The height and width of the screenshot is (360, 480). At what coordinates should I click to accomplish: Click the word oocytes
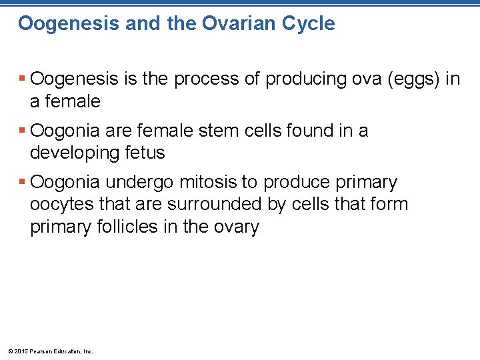tap(59, 204)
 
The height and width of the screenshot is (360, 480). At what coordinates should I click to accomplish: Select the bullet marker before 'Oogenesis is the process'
tap(23, 79)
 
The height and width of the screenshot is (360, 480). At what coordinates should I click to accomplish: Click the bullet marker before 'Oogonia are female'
tap(23, 131)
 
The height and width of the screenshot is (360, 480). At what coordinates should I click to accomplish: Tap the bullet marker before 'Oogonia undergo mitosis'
tap(23, 182)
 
